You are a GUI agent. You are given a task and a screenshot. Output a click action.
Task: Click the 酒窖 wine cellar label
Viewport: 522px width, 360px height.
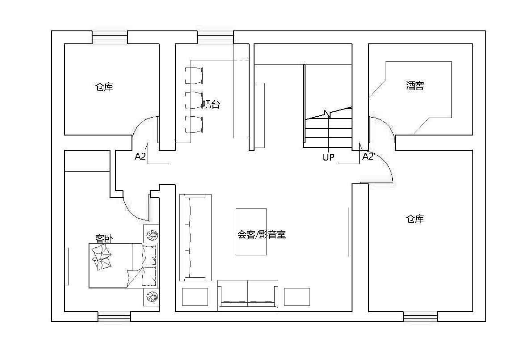click(415, 85)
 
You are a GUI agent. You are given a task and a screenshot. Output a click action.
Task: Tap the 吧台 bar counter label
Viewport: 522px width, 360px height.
click(211, 105)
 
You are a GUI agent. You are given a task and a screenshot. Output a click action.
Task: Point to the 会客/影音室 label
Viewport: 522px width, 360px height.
click(261, 235)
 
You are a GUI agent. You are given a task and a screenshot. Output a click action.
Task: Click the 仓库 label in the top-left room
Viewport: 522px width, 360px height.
click(104, 87)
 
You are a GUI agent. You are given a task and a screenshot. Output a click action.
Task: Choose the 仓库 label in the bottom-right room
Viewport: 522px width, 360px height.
click(415, 219)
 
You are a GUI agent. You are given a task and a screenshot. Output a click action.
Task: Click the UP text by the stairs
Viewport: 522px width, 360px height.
click(328, 157)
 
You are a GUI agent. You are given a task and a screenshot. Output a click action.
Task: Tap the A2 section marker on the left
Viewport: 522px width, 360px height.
click(140, 157)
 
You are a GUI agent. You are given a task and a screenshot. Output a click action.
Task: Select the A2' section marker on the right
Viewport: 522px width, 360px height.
click(368, 157)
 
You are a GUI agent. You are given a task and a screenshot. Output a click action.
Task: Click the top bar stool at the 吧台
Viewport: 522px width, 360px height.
click(194, 75)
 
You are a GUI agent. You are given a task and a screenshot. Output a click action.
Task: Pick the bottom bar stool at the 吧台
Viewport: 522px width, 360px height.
click(194, 124)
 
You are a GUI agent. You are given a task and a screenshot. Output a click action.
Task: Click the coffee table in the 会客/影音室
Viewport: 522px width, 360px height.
click(251, 232)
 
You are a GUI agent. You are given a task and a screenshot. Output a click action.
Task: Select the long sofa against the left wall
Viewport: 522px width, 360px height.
click(195, 237)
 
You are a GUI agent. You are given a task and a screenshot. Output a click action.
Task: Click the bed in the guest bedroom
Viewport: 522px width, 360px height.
click(124, 266)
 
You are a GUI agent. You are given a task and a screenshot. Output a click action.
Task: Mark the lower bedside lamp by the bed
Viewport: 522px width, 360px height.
click(152, 297)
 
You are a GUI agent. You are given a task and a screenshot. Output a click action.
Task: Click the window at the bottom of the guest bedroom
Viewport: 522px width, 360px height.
click(114, 317)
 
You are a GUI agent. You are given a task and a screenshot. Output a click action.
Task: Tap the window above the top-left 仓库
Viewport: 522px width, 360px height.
click(110, 37)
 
